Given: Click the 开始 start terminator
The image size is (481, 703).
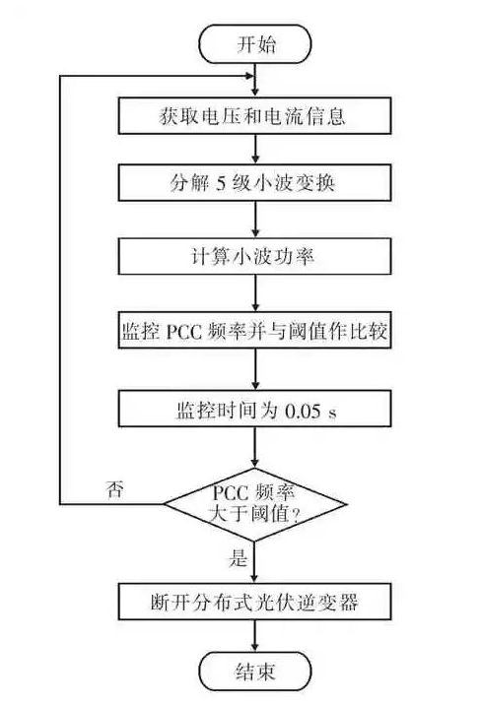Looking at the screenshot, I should (x=255, y=44).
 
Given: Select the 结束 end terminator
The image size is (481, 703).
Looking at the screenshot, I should (x=255, y=672).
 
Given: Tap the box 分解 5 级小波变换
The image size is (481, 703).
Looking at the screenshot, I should (x=255, y=183).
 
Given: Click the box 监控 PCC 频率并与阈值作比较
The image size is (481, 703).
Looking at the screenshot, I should (x=255, y=333).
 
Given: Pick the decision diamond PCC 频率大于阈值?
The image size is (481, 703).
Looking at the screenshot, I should (x=255, y=501).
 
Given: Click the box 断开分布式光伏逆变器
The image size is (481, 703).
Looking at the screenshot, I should (x=255, y=601).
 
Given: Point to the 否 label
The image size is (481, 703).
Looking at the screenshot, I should (x=114, y=489).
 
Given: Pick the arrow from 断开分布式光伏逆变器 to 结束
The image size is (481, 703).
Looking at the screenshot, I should (x=255, y=636).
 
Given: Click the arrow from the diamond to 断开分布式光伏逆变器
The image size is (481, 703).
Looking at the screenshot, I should (x=255, y=560).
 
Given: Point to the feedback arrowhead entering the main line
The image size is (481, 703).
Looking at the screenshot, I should (x=249, y=76).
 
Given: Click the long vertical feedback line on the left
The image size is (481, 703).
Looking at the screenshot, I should (x=61, y=295).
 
